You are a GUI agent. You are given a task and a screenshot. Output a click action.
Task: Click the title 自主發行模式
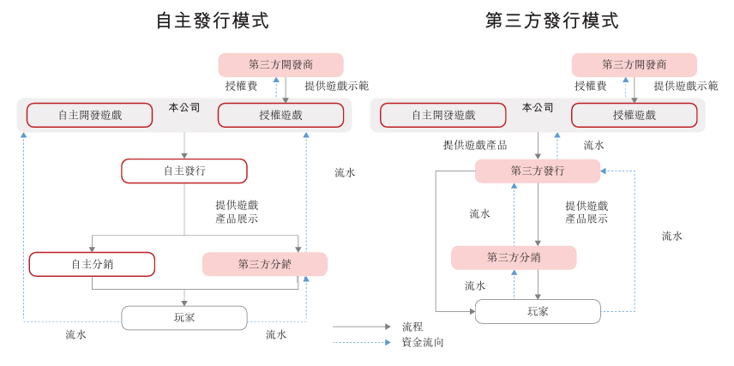[x=211, y=21]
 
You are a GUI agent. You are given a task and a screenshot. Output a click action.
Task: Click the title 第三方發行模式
[x=551, y=21]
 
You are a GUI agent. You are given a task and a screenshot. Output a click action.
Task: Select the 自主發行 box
[x=183, y=171]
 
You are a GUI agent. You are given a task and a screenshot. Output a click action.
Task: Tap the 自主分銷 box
[x=92, y=264]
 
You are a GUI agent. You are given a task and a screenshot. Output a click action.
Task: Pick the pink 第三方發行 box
[x=538, y=171]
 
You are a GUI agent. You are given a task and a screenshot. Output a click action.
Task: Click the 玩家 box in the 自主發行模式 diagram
[x=183, y=318]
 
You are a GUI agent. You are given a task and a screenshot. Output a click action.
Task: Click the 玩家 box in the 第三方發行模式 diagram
[x=538, y=311]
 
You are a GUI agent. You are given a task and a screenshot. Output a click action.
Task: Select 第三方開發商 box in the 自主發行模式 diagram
[x=280, y=64]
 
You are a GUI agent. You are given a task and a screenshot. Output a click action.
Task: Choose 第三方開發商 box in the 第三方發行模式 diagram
[x=634, y=64]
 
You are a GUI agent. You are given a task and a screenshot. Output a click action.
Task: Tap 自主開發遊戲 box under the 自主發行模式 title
[x=89, y=115]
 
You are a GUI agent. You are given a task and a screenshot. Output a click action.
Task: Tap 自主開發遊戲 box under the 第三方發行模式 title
[x=442, y=115]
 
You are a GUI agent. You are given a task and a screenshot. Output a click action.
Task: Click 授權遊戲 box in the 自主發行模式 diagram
[x=280, y=115]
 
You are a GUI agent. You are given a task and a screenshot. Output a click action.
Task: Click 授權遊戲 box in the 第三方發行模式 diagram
[x=634, y=115]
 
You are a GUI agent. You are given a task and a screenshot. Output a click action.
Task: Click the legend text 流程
[x=412, y=327]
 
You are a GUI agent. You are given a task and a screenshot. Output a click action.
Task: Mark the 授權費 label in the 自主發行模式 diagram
[x=241, y=86]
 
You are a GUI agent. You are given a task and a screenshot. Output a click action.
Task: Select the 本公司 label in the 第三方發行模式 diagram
[x=538, y=107]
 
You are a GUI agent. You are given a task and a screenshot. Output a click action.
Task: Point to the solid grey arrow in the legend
[x=361, y=327]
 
